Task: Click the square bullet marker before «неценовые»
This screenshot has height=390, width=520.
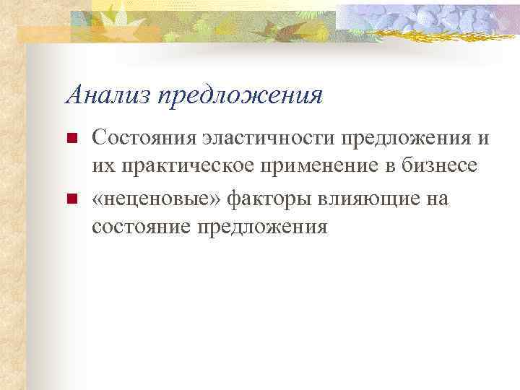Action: (71, 199)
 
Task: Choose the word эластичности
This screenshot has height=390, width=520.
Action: (264, 136)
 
